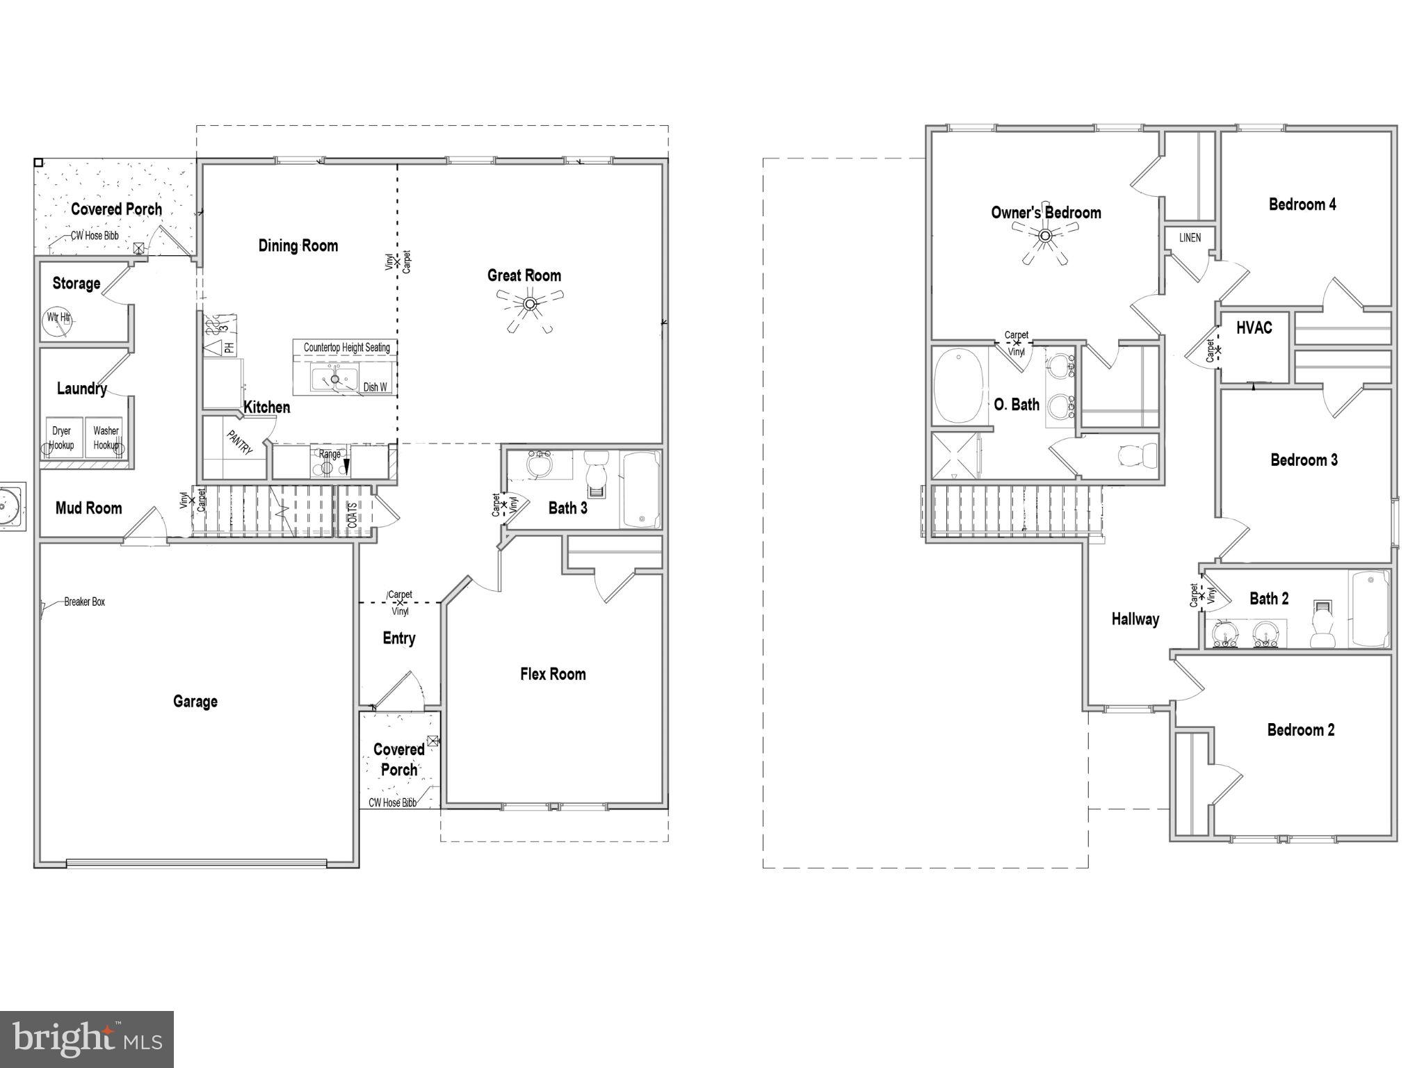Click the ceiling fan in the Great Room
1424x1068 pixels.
point(530,305)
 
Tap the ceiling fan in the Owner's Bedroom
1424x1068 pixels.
point(1045,236)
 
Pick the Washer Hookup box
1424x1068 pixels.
point(106,437)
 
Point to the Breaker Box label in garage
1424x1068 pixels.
point(84,601)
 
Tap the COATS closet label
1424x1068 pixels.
point(353,515)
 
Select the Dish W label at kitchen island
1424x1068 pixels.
point(375,387)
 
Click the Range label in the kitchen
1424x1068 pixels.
point(330,454)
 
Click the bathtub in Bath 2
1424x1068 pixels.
point(1368,608)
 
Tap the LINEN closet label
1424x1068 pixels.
point(1190,238)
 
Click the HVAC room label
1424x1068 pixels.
point(1254,327)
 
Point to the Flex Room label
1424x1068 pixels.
point(553,674)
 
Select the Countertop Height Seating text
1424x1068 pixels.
point(346,347)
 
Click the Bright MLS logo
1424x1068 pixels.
point(86,1039)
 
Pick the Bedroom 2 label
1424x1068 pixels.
point(1300,729)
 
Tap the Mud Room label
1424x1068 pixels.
point(88,508)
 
